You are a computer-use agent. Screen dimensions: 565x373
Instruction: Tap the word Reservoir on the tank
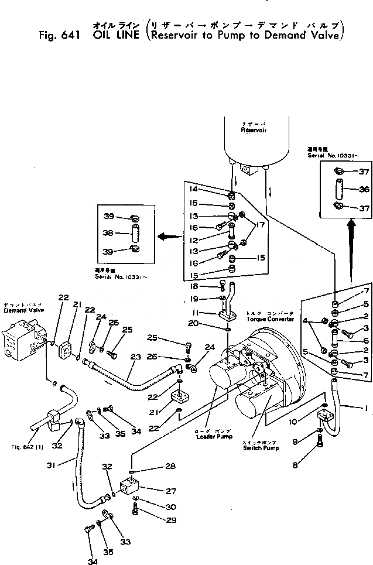pos(254,131)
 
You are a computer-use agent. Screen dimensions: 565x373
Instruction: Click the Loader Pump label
pos(213,436)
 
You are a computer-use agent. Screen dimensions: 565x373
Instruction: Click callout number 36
pos(348,189)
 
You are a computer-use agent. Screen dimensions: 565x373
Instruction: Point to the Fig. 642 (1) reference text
pos(29,447)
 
